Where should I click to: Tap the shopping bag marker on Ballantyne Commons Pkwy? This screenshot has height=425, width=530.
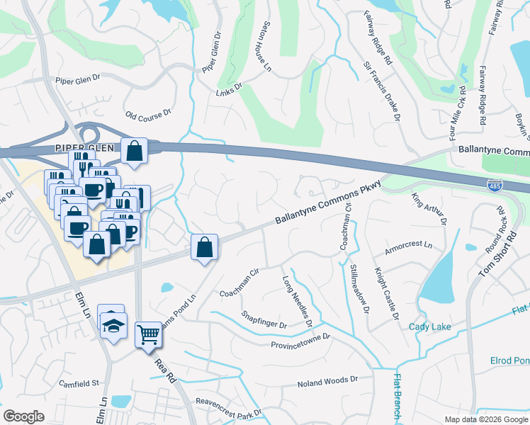[204, 248]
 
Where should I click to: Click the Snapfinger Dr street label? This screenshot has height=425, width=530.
[264, 320]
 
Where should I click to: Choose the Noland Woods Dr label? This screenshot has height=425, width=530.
[327, 380]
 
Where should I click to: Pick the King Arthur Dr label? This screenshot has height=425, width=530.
[429, 209]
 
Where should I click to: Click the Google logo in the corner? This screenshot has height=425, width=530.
[24, 416]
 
